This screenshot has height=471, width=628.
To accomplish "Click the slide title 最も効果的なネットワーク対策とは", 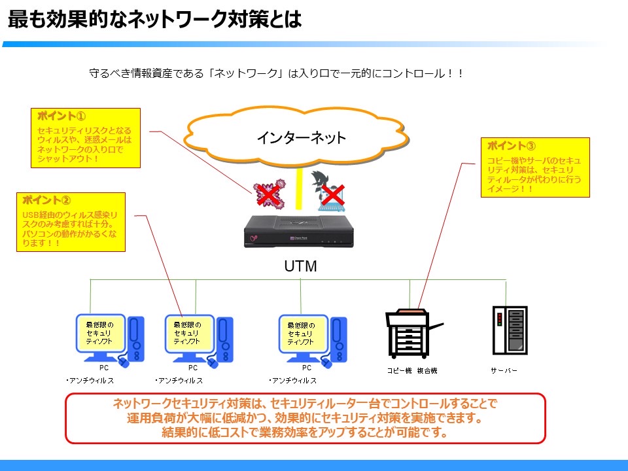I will coord(154,20).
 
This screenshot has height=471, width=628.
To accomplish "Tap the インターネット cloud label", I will coord(301,138).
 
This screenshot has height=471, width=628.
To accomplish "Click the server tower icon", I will coord(510,330).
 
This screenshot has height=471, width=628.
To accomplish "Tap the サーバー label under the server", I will coord(504,370).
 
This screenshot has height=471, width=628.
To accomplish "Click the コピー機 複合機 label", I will coord(411,370).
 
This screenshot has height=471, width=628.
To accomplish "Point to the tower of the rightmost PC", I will coord(338,339).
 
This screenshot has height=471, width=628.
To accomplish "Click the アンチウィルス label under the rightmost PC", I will coord(293,381).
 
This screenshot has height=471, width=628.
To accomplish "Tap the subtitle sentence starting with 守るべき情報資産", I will coord(276,74).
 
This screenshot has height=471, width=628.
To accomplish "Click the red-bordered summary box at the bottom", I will coord(305,418).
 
